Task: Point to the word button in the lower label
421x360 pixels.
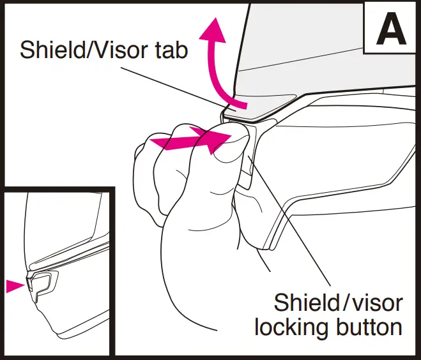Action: coord(368,327)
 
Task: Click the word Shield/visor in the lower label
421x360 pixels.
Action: coord(337,301)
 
